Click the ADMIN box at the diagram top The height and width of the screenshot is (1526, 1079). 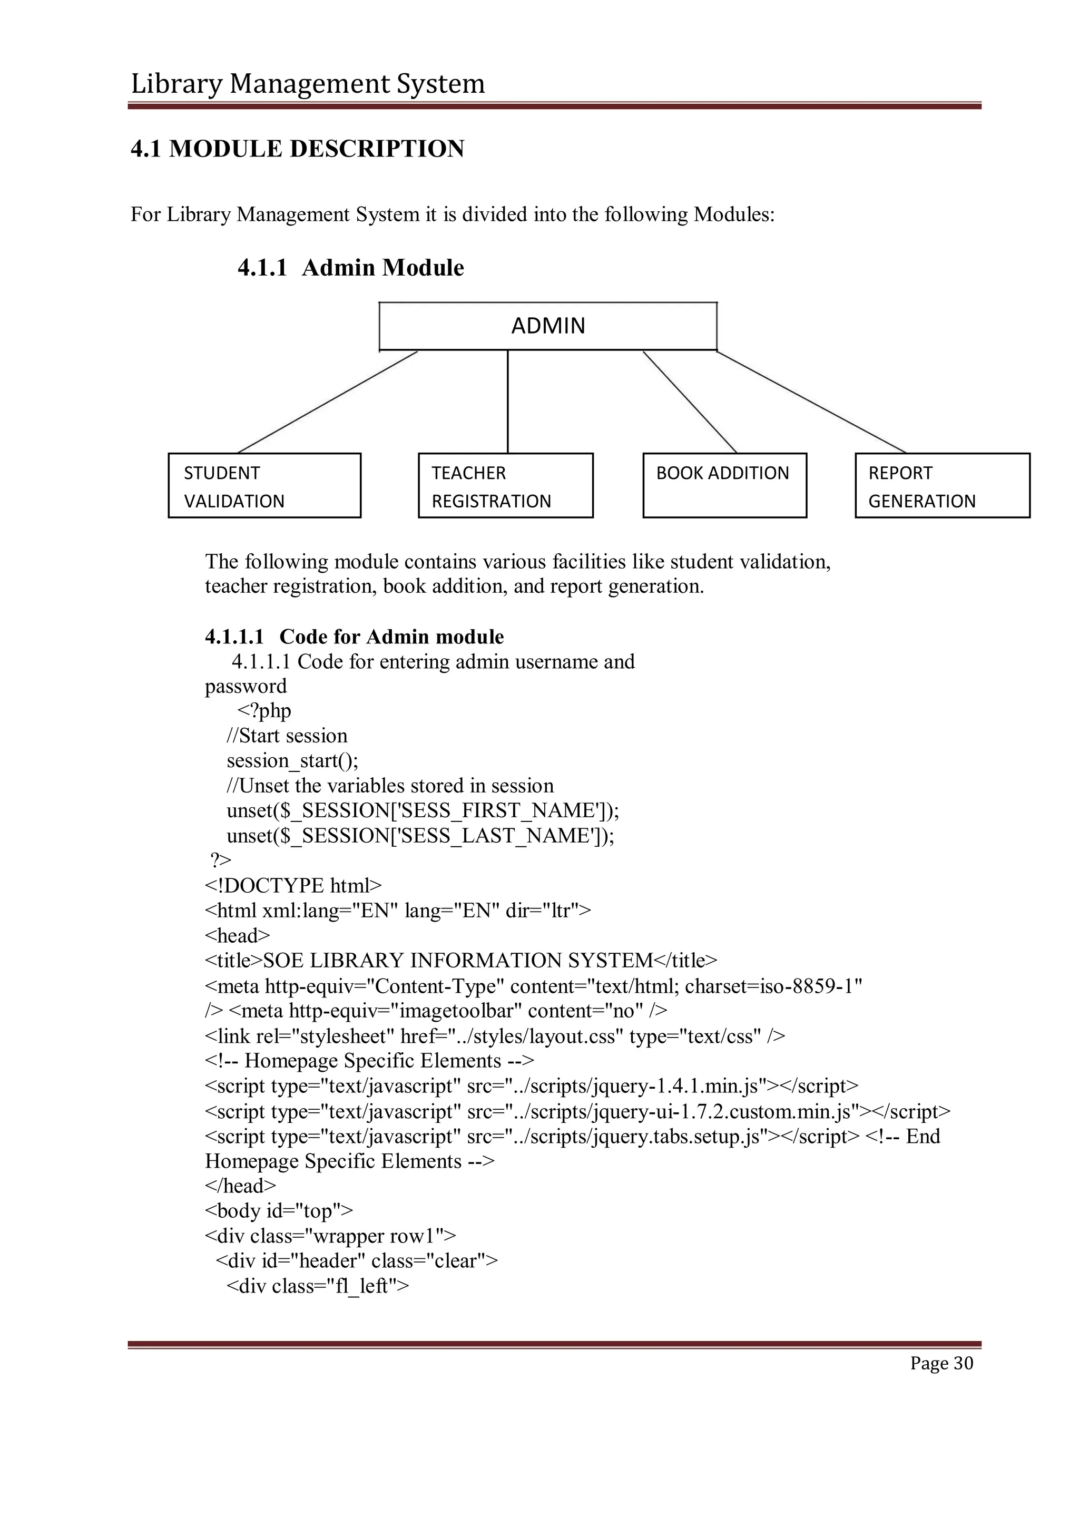coord(548,326)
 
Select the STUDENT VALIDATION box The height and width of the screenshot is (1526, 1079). coord(264,486)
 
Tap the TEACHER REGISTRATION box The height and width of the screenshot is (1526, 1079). coord(506,486)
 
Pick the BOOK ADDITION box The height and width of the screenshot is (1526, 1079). coord(724,485)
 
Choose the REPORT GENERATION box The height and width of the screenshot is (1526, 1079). coord(942,486)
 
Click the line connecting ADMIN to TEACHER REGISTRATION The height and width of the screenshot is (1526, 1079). coord(507,402)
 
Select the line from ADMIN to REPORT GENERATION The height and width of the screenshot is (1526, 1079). coord(811,402)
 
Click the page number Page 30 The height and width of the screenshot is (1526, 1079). coord(941,1363)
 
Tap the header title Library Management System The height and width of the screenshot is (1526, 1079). coord(308,84)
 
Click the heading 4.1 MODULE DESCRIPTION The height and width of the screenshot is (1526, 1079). coord(298,149)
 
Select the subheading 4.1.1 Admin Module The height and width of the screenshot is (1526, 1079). coord(351,268)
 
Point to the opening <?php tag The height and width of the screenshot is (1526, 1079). coord(264,711)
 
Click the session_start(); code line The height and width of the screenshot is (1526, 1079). coord(292,761)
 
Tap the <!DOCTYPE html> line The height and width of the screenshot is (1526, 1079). coord(293,886)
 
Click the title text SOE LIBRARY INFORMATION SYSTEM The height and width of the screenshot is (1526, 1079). coord(458,961)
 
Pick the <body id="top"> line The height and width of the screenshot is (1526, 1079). coord(279,1211)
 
